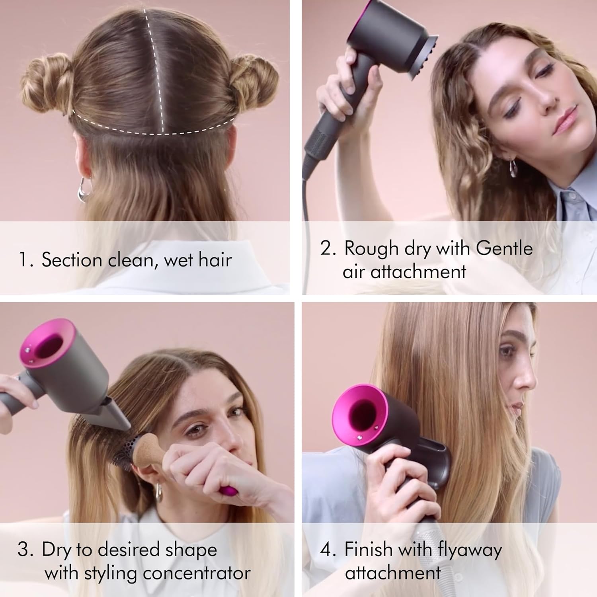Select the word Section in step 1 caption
point(72,260)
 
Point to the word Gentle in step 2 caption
point(504,248)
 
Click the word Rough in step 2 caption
point(372,248)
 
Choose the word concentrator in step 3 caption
point(197,573)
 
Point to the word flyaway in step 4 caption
point(470,550)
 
